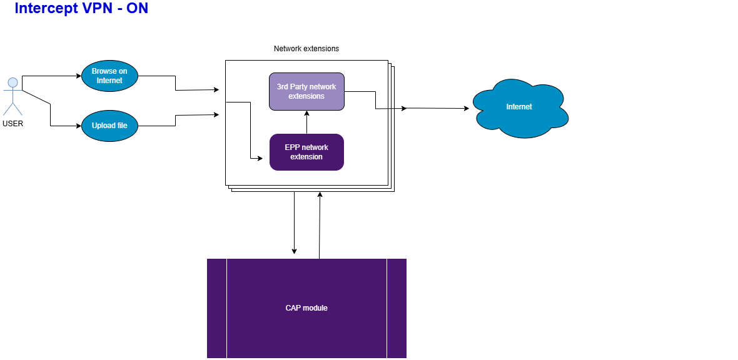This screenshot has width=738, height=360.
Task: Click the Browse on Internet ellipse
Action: coord(109,76)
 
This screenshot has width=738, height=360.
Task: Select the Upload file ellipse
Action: coord(109,126)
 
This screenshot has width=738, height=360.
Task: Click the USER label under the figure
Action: coord(13,124)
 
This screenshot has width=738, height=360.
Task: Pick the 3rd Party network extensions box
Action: coord(306,92)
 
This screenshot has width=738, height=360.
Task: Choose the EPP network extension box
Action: coord(306,152)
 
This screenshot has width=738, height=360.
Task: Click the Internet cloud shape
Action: coord(519,107)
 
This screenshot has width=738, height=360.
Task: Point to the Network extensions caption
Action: coord(306,48)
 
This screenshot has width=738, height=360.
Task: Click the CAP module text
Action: coord(306,308)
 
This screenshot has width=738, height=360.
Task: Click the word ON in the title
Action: coord(137,9)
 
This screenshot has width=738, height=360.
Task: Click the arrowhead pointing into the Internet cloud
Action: coord(466,109)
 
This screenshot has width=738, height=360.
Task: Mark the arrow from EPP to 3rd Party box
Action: coord(307,122)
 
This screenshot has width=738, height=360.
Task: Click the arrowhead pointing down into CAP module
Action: coord(295,251)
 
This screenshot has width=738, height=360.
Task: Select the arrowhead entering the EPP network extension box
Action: coord(260,159)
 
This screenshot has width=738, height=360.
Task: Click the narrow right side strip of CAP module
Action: coord(397,308)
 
